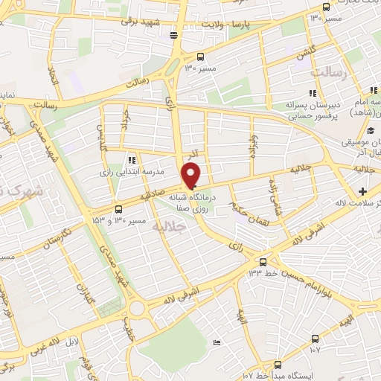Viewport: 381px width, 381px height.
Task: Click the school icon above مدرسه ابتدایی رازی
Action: (132, 159)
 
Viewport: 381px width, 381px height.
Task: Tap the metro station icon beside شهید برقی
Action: (174, 34)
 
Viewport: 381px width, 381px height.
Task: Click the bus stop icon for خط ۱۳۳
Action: (262, 261)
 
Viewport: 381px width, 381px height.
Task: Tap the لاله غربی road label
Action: (60, 336)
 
